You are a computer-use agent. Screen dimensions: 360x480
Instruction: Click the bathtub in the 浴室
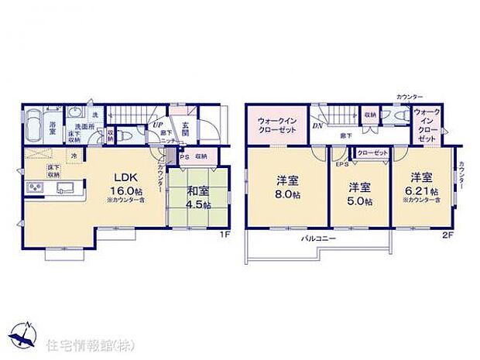point(36,123)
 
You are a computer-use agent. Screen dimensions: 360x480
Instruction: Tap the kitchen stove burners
point(35,187)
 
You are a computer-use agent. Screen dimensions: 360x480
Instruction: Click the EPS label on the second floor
point(341,163)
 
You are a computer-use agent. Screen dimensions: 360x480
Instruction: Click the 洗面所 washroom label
point(81,127)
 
